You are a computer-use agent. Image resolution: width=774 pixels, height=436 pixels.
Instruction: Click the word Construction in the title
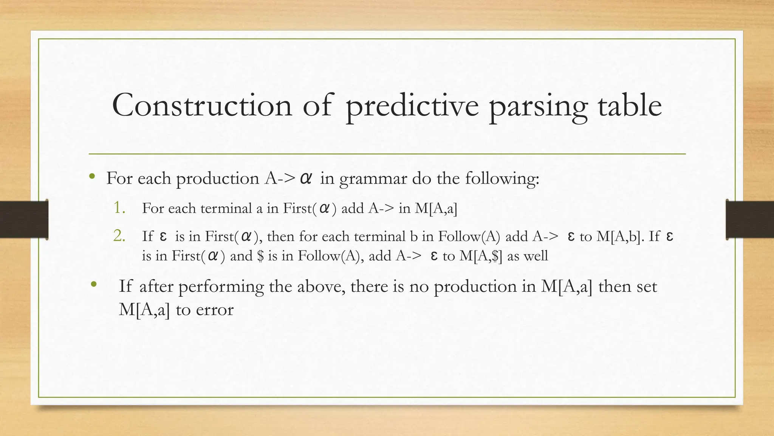202,105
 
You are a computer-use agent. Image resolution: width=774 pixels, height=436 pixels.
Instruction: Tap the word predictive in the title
412,106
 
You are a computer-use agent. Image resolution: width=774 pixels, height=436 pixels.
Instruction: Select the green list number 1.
119,208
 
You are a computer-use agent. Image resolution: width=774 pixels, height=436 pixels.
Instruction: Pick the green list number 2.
119,236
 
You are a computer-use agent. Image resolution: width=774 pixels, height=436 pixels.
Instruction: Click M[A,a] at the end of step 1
436,209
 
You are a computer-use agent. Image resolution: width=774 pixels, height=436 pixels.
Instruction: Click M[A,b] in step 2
620,237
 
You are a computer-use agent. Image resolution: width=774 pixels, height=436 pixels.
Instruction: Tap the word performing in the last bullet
221,287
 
